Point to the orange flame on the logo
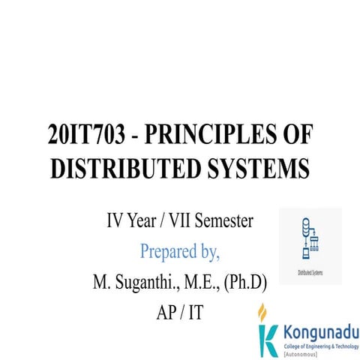click(x=262, y=310)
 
